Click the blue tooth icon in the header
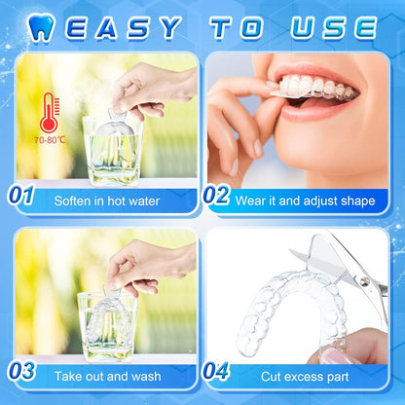pos(41,27)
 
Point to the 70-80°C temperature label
pos(50,140)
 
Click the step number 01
pos(21,195)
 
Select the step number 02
pos(216,195)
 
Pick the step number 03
pos(21,371)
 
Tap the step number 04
pos(215,371)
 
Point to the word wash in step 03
pos(147,377)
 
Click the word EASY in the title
pos(123,27)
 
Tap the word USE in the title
pos(333,27)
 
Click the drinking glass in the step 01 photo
pos(113,151)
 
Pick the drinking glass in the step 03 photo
pos(106,327)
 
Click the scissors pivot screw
pos(365,283)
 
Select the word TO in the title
pos(237,27)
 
